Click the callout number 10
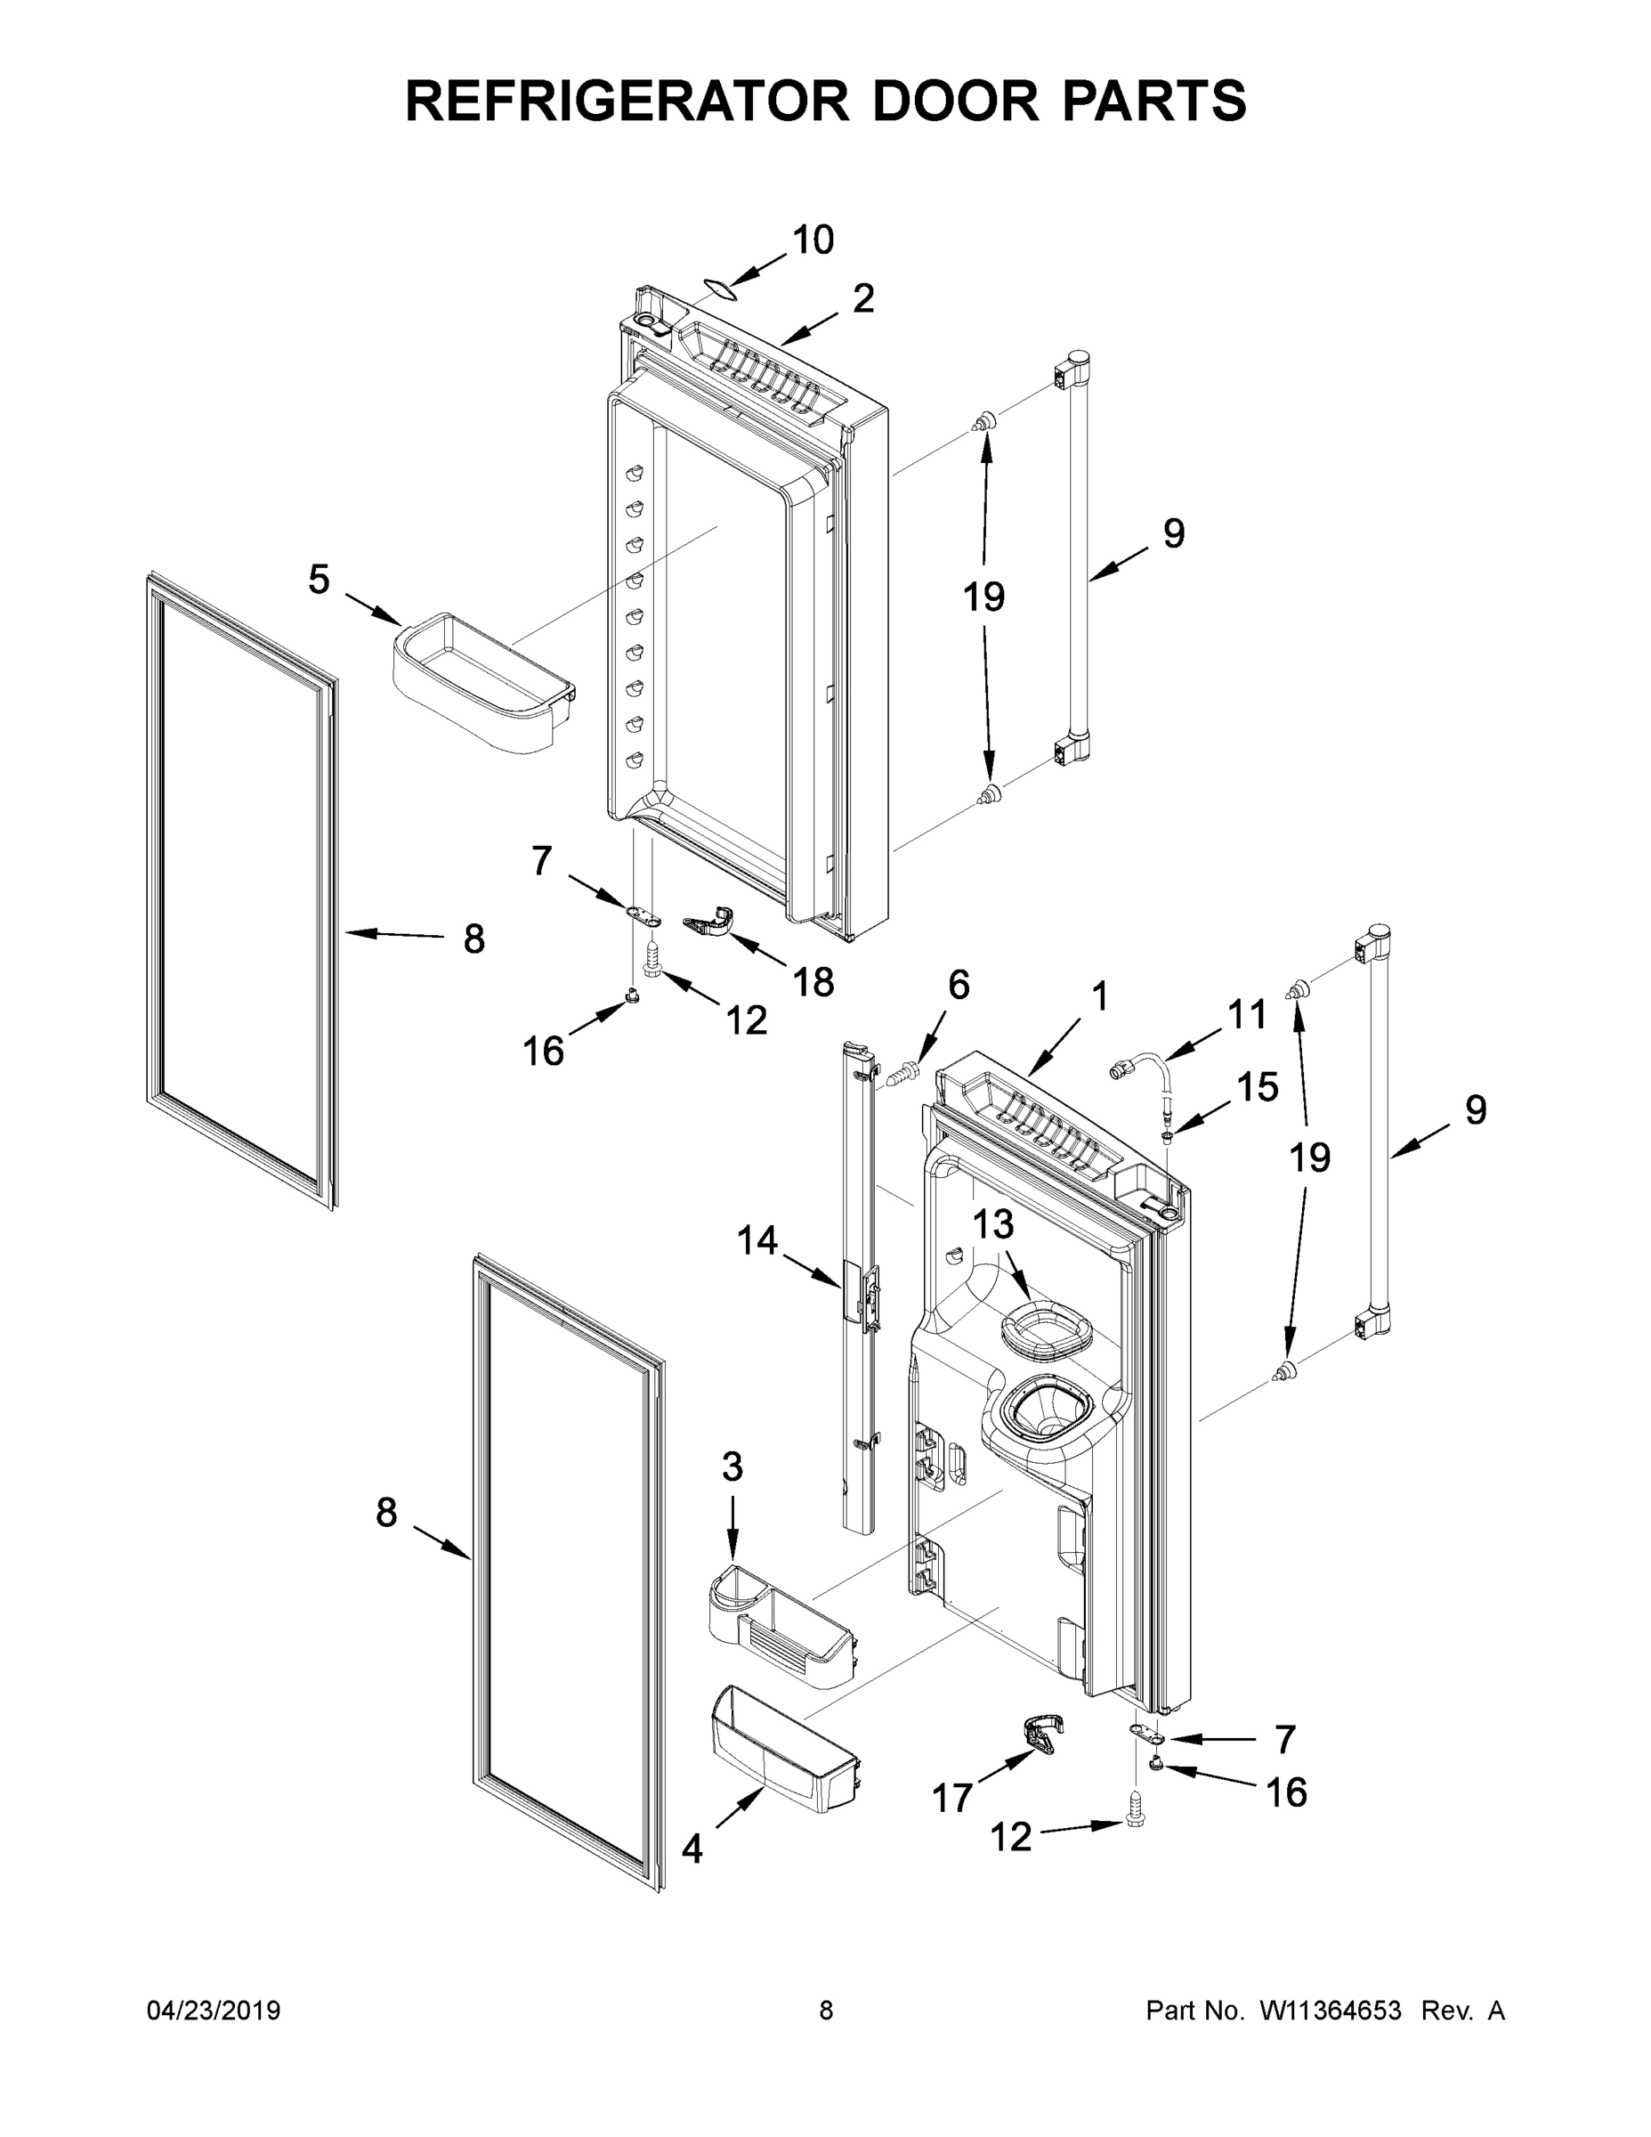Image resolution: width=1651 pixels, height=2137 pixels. (813, 240)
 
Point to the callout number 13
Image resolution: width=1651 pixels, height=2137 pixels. (992, 1224)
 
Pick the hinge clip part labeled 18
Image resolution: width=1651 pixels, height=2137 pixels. (711, 922)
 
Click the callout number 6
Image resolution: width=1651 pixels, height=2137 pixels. (959, 986)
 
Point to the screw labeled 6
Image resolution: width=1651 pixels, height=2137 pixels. (905, 1073)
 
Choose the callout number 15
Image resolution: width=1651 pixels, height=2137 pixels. (1257, 1086)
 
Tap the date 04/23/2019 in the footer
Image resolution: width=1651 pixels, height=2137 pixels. (214, 2011)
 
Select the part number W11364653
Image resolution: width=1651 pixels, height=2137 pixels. (1331, 2011)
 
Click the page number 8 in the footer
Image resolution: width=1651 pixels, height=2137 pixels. (826, 2011)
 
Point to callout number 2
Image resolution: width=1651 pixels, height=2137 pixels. (862, 298)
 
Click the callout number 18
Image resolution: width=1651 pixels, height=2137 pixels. (813, 981)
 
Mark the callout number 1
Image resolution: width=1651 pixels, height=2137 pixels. (1100, 997)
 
